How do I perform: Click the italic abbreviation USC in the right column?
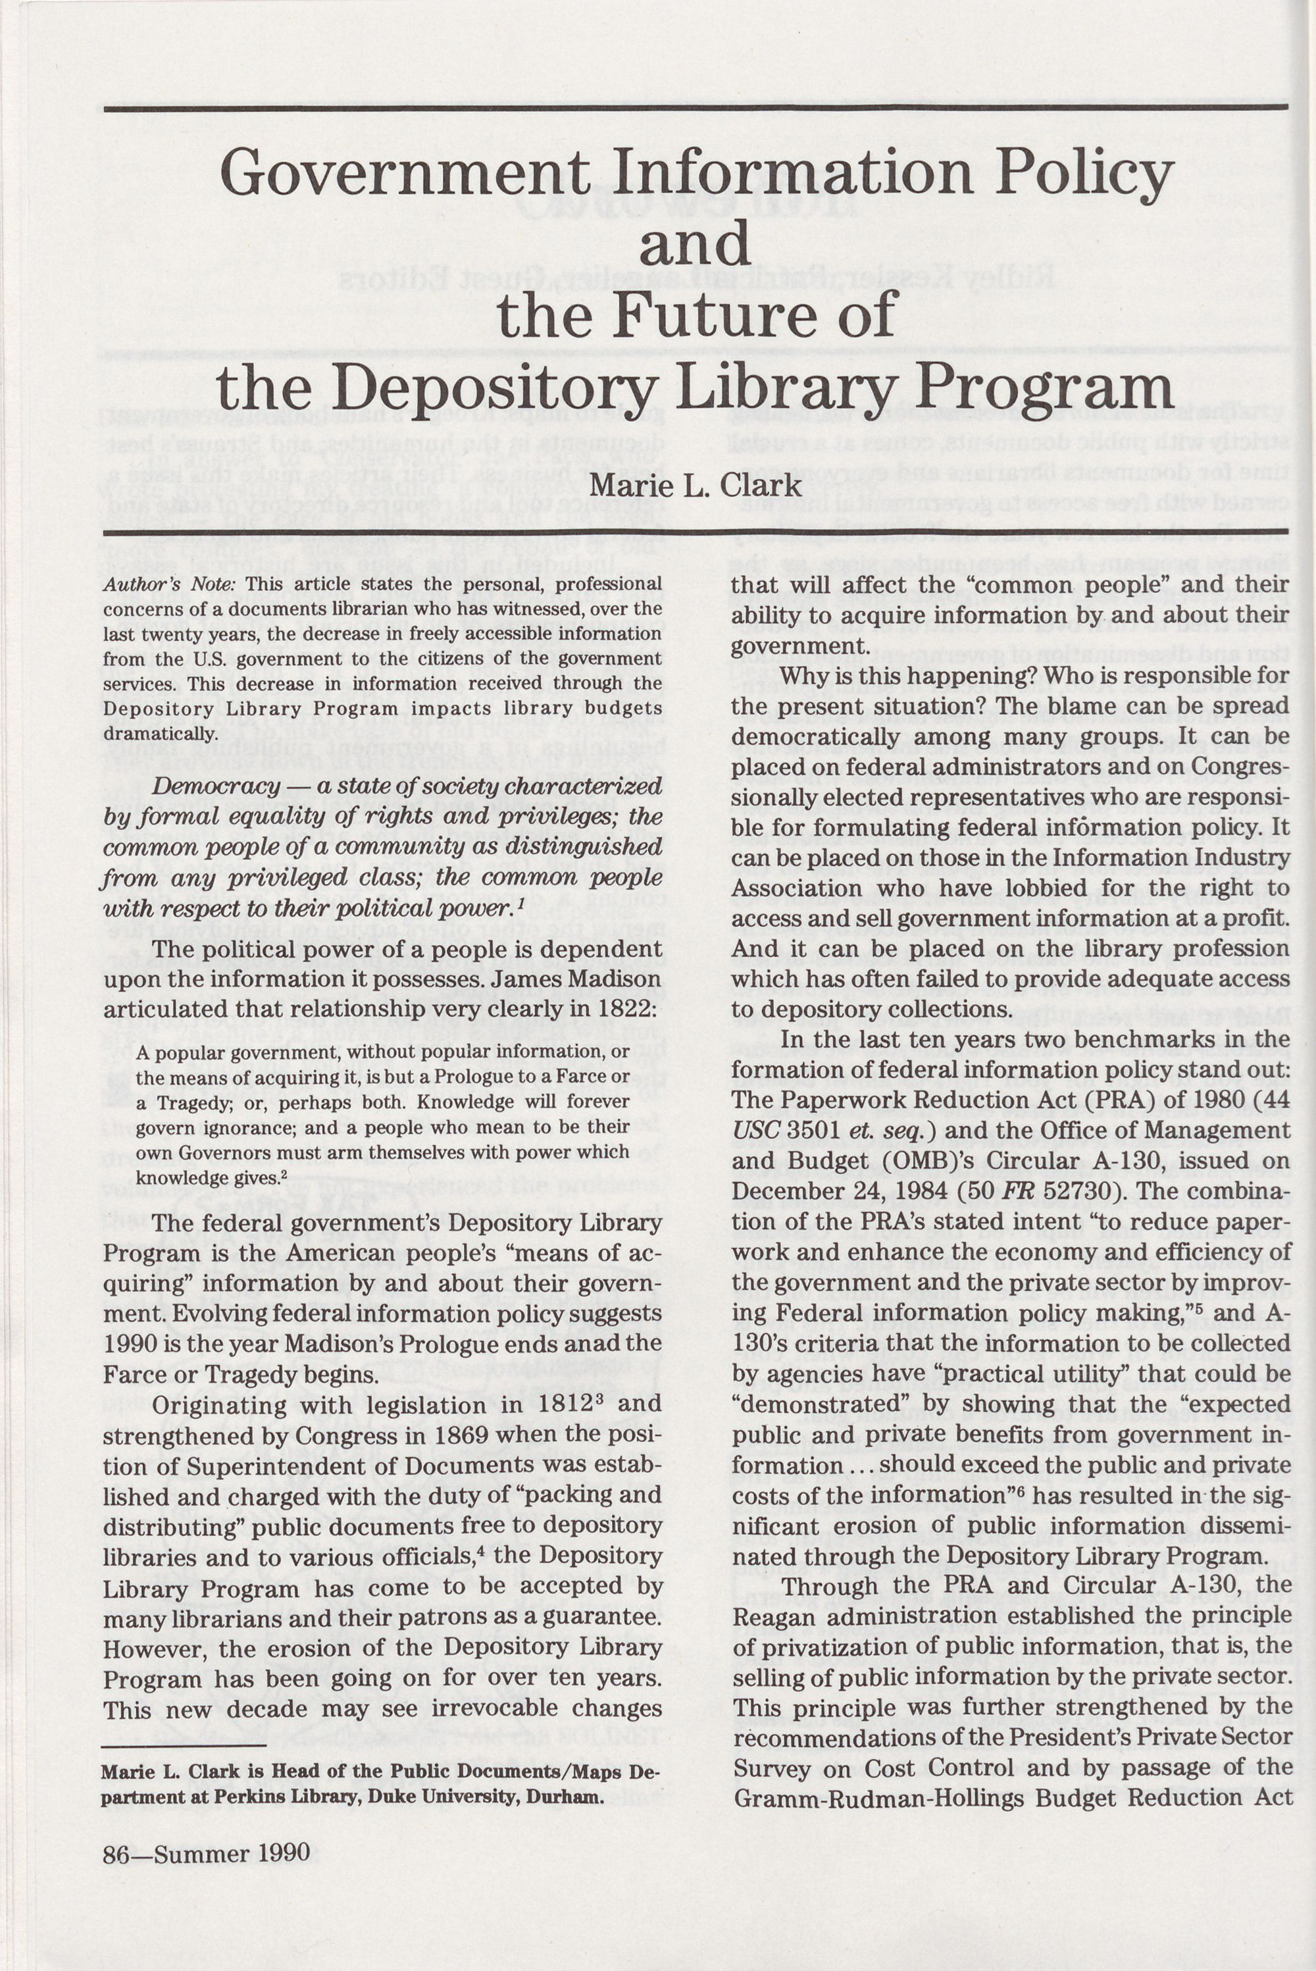(x=756, y=1131)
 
